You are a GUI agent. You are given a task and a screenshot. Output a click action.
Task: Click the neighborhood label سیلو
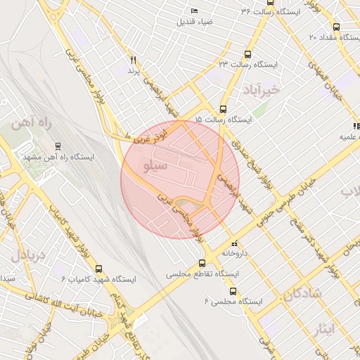[x=155, y=167]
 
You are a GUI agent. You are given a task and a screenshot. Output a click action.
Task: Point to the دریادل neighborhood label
[x=27, y=254]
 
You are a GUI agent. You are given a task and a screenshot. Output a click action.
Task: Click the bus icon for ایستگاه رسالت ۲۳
[x=247, y=54]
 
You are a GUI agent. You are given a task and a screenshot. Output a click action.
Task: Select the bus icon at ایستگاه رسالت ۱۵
[x=223, y=109]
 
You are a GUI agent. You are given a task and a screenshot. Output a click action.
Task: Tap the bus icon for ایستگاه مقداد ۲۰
[x=336, y=27]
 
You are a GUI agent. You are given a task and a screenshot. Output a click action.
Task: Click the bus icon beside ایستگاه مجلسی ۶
[x=233, y=291]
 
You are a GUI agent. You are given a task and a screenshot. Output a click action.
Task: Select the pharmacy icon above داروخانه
[x=234, y=243]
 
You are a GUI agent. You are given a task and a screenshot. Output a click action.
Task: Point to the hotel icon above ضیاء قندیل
[x=195, y=11]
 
